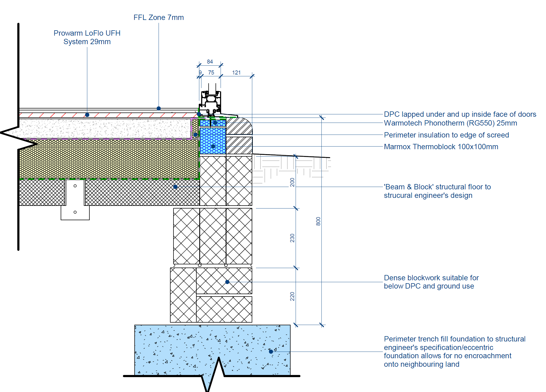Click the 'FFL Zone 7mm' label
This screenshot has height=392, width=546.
(x=159, y=18)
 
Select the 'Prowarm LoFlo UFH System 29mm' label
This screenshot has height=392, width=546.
(x=87, y=37)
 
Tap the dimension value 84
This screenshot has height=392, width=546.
(x=210, y=62)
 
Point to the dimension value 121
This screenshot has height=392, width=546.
(x=236, y=73)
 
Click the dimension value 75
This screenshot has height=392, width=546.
(x=211, y=73)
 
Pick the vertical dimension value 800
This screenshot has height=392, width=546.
(x=318, y=221)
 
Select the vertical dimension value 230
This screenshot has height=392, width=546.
(x=292, y=238)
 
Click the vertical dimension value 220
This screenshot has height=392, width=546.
(x=292, y=296)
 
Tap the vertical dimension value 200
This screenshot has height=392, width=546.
(x=292, y=182)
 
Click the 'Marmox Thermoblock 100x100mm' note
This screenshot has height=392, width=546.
(x=441, y=147)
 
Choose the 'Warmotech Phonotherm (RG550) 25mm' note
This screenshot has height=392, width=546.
(x=450, y=123)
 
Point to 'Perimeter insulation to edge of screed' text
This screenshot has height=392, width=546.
(x=446, y=135)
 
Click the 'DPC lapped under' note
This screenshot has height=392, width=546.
(x=460, y=114)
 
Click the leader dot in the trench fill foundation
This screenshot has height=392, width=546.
(x=271, y=352)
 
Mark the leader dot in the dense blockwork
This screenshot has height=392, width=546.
(x=227, y=282)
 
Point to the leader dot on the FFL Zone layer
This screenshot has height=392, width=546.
(x=159, y=108)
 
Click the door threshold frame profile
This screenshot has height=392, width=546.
(x=211, y=102)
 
